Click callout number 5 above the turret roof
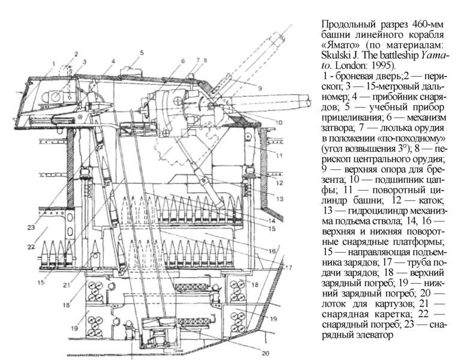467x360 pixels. pos(142,53)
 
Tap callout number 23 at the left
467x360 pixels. pos(31,228)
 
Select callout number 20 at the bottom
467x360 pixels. pos(265,353)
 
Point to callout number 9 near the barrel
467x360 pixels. pos(260,88)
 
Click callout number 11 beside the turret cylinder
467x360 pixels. pos(279,155)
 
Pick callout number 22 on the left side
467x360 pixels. pos(31,247)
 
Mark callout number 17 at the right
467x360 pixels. pos(288,267)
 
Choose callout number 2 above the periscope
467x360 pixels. pos(76,54)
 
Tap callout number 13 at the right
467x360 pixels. pos(279,199)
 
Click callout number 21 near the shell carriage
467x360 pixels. pos(67,285)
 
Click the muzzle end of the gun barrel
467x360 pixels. pos(309,100)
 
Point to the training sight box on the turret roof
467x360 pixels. pos(131,72)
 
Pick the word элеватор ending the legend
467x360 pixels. pos(375,335)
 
